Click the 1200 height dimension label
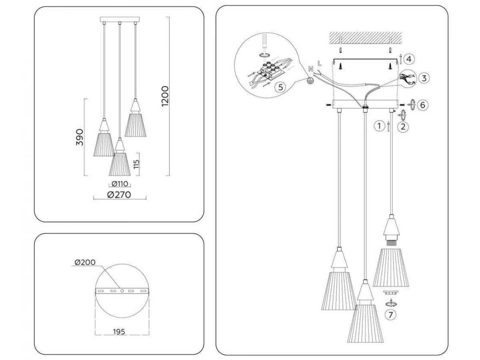click(165, 96)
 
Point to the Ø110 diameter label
click(120, 184)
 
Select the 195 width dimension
click(119, 331)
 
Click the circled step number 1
click(379, 126)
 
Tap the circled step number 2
click(403, 127)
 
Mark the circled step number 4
click(408, 59)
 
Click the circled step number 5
click(281, 86)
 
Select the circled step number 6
click(422, 105)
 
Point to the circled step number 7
click(390, 314)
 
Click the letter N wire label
click(311, 69)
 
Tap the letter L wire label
click(319, 63)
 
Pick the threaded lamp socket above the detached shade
click(390, 242)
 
